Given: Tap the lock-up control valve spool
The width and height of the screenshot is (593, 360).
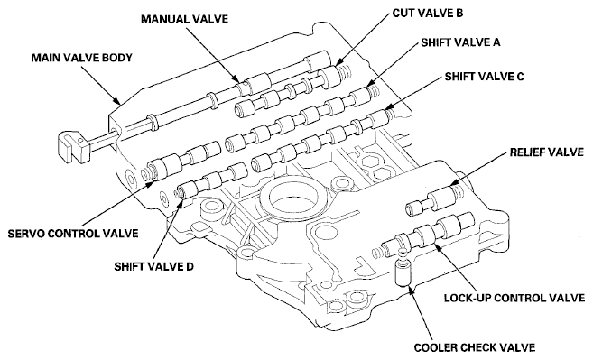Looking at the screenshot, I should pyautogui.click(x=429, y=234).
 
